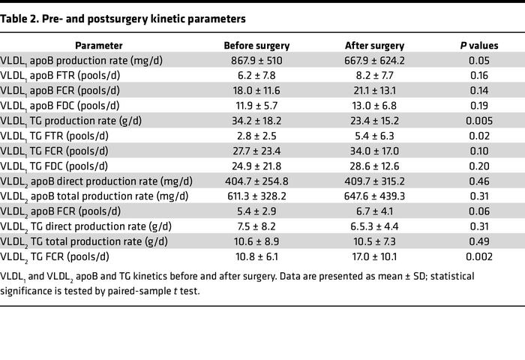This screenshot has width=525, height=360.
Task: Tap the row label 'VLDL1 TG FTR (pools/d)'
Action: point(61,136)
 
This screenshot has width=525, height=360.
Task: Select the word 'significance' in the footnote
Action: point(30,290)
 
